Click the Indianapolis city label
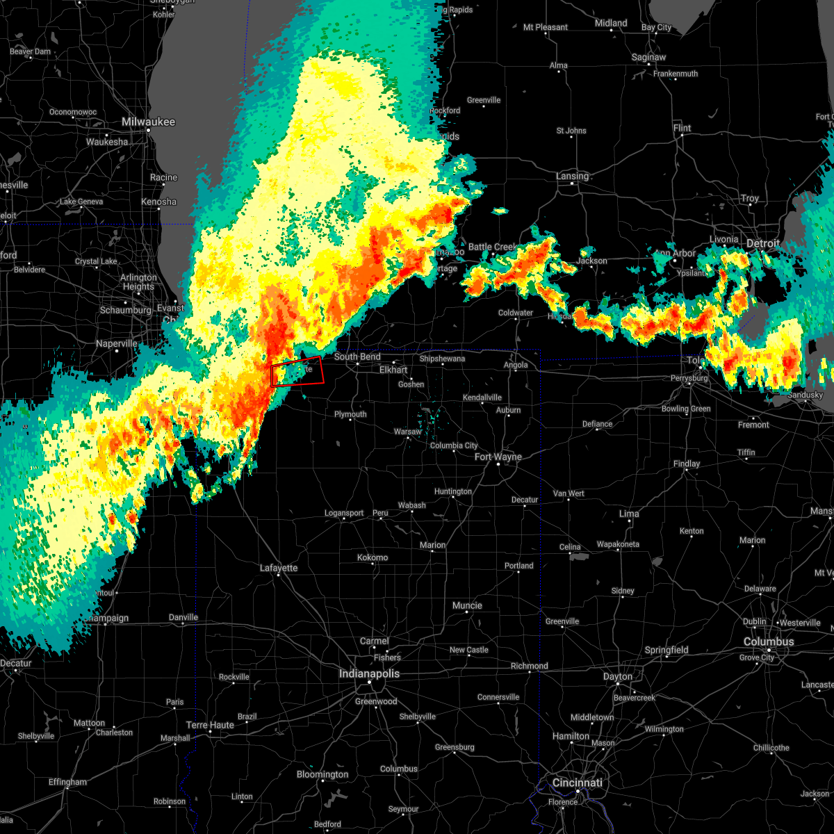click(x=369, y=673)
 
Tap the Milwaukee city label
click(x=149, y=122)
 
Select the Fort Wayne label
click(x=498, y=457)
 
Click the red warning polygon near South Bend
click(x=297, y=371)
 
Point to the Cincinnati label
click(x=578, y=783)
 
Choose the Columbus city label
click(x=769, y=641)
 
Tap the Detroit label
click(x=762, y=243)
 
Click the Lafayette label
click(x=279, y=568)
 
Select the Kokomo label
click(x=373, y=557)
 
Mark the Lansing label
click(x=572, y=176)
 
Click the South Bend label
click(x=357, y=357)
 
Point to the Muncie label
click(x=467, y=605)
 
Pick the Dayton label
click(x=618, y=676)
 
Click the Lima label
click(x=629, y=514)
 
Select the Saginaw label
click(x=648, y=57)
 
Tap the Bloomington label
click(x=322, y=774)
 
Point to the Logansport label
click(x=344, y=513)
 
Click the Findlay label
click(x=687, y=464)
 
